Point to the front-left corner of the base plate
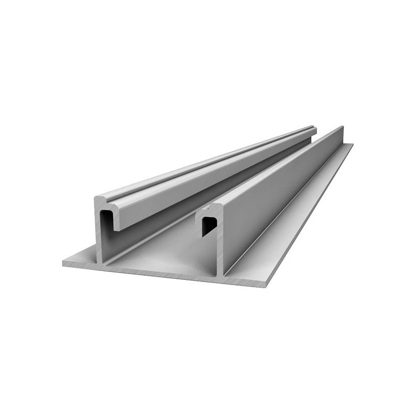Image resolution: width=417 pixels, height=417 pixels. (64, 264)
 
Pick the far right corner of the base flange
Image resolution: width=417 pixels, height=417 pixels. (352, 145)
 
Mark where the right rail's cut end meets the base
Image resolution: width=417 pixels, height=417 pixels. (219, 275)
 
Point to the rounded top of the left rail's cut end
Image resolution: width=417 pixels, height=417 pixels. (104, 198)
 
